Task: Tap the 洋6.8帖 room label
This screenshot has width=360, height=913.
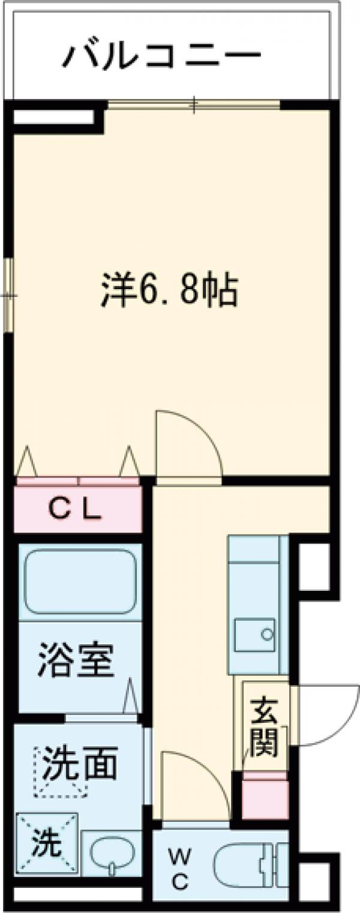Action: (169, 291)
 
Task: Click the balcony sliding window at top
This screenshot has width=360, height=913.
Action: (194, 105)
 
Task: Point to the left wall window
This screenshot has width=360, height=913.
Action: (8, 294)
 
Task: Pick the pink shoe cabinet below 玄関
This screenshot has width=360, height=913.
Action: (264, 795)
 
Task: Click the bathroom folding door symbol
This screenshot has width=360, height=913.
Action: (131, 698)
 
